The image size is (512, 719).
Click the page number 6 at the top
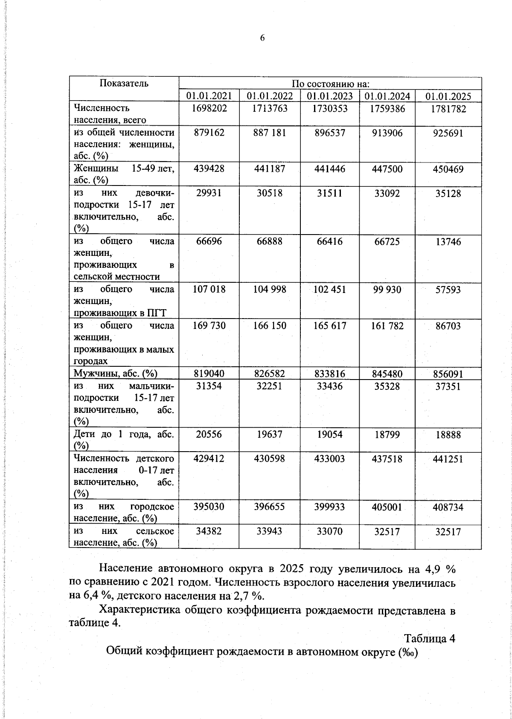pyautogui.click(x=262, y=38)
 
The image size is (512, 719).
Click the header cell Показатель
pyautogui.click(x=124, y=83)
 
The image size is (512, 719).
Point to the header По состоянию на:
pyautogui.click(x=330, y=84)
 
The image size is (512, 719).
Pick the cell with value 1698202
pyautogui.click(x=209, y=109)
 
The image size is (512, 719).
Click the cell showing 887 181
pyautogui.click(x=269, y=133)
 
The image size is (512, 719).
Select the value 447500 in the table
pyautogui.click(x=387, y=169)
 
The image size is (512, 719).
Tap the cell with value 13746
pyautogui.click(x=448, y=242)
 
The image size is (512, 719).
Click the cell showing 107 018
pyautogui.click(x=209, y=290)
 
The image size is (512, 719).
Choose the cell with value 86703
pyautogui.click(x=448, y=326)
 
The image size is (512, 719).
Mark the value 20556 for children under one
pyautogui.click(x=209, y=435)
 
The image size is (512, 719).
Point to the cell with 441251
pyautogui.click(x=448, y=459)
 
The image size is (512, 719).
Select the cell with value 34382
pyautogui.click(x=209, y=531)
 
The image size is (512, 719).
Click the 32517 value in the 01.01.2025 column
pyautogui.click(x=448, y=532)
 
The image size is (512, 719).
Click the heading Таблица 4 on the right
pyautogui.click(x=430, y=638)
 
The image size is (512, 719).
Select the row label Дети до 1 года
pyautogui.click(x=124, y=435)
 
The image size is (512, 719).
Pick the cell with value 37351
pyautogui.click(x=448, y=387)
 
